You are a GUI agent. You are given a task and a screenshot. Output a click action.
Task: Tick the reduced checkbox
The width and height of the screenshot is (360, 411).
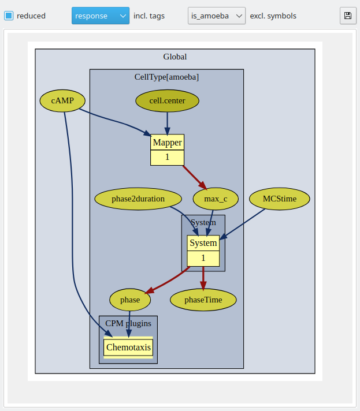(x=9, y=16)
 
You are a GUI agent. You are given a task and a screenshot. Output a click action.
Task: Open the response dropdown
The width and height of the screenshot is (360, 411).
(x=101, y=16)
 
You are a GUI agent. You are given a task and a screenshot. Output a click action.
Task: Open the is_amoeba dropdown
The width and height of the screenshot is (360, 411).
(x=217, y=16)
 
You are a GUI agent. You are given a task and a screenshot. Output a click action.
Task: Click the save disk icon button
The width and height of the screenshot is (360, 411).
(x=348, y=16)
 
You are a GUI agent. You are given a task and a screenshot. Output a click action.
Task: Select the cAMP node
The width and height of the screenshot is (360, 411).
(x=62, y=100)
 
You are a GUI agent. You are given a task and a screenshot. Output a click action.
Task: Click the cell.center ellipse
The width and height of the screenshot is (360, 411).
(x=167, y=100)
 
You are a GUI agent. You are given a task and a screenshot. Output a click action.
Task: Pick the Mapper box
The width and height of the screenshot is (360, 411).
(x=167, y=150)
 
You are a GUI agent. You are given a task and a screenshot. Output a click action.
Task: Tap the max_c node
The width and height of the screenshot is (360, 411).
(x=216, y=199)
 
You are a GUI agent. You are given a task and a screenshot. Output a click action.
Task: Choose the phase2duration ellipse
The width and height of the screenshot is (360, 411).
(x=138, y=199)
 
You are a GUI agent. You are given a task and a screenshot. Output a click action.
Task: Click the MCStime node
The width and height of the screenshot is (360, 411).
(x=280, y=199)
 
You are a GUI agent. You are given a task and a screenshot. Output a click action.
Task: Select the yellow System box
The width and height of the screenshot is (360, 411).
(x=203, y=251)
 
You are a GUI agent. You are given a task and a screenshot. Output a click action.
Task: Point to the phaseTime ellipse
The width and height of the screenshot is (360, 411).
(x=203, y=300)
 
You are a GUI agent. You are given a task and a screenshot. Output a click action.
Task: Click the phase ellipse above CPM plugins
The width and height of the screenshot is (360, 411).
(x=130, y=300)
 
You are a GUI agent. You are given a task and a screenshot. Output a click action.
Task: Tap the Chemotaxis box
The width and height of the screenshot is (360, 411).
(x=128, y=348)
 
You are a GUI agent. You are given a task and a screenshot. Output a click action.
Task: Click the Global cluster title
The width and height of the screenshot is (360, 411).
(x=175, y=57)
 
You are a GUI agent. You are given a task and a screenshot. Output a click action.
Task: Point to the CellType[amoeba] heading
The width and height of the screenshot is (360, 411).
(x=166, y=77)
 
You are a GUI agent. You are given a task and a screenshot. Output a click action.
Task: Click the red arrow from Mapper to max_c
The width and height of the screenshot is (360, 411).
(x=195, y=177)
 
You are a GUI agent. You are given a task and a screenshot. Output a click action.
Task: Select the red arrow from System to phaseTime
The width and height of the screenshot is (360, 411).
(x=203, y=278)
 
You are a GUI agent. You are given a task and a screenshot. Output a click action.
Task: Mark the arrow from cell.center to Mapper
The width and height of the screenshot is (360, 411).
(x=167, y=123)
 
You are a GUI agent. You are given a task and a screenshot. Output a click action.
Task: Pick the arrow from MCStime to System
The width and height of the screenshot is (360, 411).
(x=243, y=224)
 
